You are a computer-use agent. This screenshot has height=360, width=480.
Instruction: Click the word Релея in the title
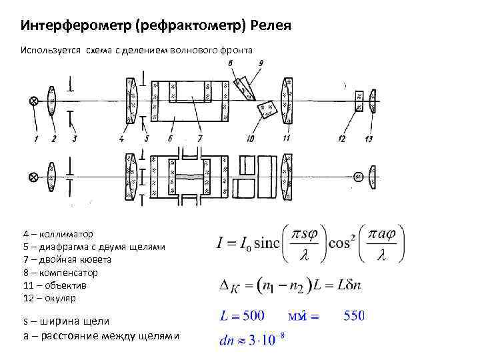[270, 26]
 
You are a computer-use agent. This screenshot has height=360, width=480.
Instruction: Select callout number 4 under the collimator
[121, 139]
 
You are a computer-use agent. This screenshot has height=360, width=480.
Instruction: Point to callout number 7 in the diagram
[199, 139]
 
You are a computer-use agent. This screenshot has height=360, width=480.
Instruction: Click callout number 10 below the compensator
[250, 139]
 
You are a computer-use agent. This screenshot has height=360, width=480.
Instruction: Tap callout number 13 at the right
[369, 139]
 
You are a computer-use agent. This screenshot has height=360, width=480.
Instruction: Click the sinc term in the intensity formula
[265, 242]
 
